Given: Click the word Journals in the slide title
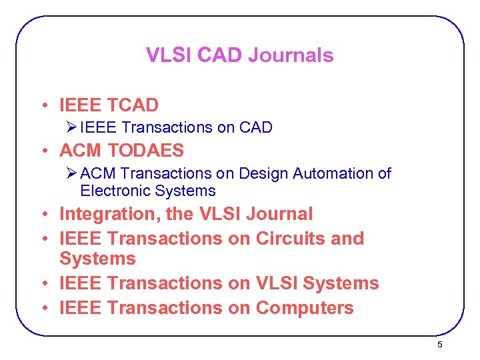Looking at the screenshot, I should pos(291,55).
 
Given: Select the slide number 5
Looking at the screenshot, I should pos(439,344).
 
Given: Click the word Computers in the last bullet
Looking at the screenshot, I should pos(305,308).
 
